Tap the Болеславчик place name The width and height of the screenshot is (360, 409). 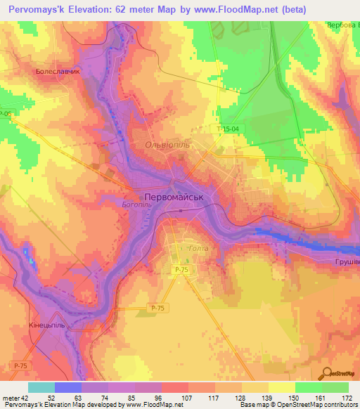[x=58, y=71]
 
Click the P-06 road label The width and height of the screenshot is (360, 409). [x=6, y=115]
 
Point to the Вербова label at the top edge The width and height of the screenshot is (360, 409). [x=342, y=25]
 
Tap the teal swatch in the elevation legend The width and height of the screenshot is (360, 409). [x=41, y=387]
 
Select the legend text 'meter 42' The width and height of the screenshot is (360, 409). [x=15, y=397]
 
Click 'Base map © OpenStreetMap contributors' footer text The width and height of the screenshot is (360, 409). [x=299, y=405]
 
